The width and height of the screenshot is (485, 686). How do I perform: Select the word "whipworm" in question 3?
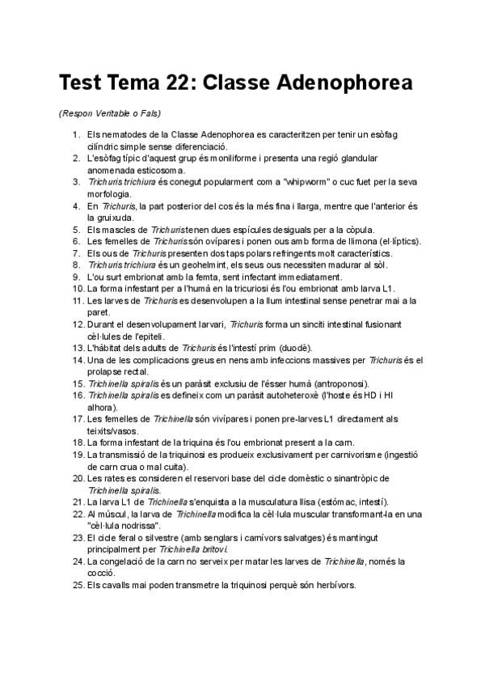click(308, 182)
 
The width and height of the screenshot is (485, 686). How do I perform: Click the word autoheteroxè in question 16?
click(286, 395)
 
